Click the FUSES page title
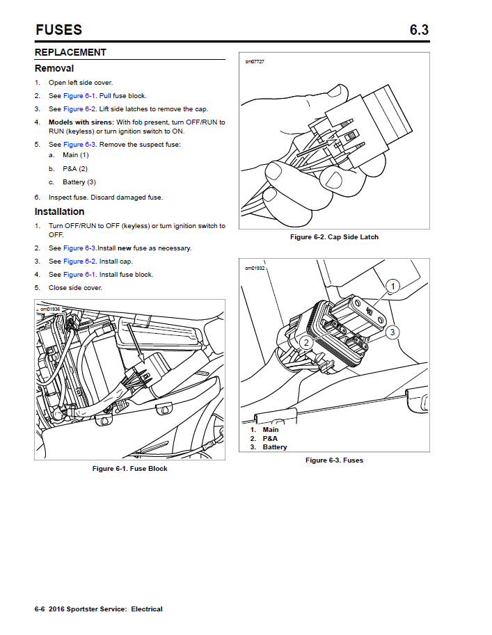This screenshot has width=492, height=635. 58,30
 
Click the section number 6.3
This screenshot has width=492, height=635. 419,30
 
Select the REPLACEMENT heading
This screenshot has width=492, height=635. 70,52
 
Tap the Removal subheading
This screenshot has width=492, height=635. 54,68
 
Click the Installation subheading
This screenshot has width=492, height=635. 60,211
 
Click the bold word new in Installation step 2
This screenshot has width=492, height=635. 124,248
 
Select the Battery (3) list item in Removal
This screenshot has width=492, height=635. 79,182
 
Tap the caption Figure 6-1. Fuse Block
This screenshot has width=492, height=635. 129,469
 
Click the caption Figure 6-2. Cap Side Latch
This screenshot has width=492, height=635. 334,237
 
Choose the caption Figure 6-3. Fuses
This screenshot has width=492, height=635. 334,460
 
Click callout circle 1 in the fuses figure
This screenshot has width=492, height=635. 392,286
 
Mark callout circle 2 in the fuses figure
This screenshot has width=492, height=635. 305,342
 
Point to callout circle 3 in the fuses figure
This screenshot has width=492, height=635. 392,332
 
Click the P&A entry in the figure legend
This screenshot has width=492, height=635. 269,439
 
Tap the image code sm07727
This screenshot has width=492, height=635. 255,62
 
